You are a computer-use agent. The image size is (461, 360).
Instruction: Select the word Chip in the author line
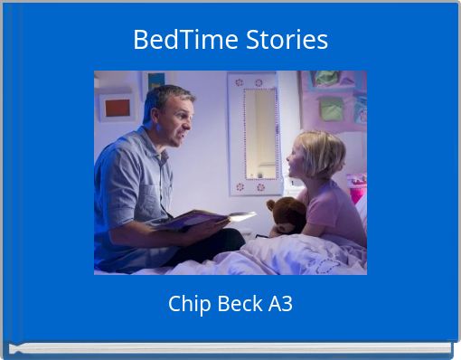(x=187, y=304)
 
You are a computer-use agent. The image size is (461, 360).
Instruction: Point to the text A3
(x=279, y=304)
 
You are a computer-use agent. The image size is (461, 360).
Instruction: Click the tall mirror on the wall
(x=257, y=132)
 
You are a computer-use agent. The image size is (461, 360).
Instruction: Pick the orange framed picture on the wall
(x=116, y=108)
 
